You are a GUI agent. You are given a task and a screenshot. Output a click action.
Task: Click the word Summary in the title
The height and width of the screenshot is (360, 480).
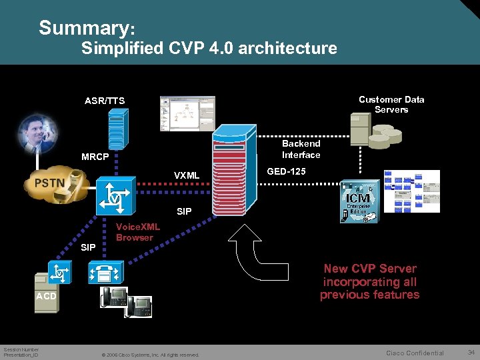pos(84,28)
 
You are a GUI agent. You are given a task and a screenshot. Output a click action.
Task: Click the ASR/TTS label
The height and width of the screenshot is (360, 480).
pos(105,101)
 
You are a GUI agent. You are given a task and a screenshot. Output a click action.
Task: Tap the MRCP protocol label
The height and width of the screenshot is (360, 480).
pos(95,158)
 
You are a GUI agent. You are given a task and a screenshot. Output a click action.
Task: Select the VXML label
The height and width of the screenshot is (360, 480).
pos(187,175)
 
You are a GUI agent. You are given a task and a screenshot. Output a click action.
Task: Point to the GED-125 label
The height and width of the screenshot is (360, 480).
pos(286,171)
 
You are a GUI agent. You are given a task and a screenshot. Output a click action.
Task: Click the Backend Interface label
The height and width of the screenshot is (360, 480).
pos(301,149)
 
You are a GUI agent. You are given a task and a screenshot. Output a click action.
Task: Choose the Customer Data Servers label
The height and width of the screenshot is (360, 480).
pos(391,104)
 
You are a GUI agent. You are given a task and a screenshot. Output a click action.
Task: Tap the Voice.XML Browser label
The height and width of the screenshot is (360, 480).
pos(137,232)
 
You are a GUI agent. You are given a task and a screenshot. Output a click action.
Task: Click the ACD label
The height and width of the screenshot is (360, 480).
pos(47,295)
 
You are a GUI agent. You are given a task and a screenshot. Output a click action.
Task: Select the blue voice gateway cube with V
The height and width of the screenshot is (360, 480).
pos(114,195)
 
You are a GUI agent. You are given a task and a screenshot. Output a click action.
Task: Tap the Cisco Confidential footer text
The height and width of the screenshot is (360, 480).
pos(415,353)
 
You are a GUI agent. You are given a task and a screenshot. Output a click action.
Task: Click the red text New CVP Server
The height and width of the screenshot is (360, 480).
pos(370,269)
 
